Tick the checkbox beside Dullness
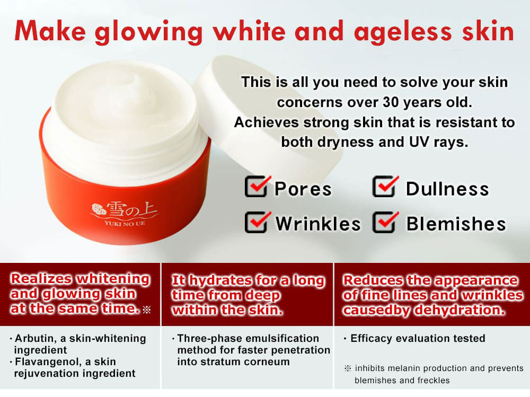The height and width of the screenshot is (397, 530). click(x=385, y=187)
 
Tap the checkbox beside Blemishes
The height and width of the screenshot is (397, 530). click(x=385, y=222)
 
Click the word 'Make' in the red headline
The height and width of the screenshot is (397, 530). click(x=50, y=31)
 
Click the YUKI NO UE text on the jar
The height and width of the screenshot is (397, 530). click(x=125, y=223)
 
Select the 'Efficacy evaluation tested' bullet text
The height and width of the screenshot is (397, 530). click(x=418, y=338)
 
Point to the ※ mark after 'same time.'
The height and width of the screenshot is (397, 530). click(x=147, y=310)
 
